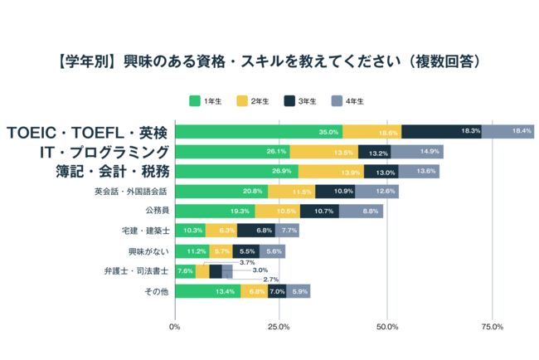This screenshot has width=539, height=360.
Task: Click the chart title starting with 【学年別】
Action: tap(269, 62)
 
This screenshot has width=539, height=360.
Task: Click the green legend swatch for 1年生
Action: tap(195, 101)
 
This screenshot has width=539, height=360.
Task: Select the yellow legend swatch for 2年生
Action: tap(242, 101)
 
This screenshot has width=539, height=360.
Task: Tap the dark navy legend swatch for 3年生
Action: tap(289, 101)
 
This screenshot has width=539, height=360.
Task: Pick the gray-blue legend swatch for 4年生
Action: tap(337, 101)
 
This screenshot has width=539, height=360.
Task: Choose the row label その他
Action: tap(158, 291)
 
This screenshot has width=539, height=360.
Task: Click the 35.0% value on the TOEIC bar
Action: tap(328, 132)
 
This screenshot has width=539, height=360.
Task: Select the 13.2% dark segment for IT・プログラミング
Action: tap(374, 152)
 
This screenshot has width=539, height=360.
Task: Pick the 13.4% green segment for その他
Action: tap(207, 291)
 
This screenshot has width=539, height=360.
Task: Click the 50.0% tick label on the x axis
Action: tap(387, 327)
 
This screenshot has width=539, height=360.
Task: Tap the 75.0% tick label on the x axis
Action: tap(493, 327)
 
